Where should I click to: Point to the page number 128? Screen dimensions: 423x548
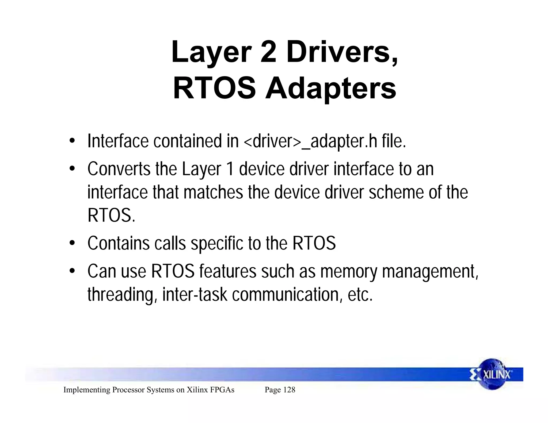click(289, 390)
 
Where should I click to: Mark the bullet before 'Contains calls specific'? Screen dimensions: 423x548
click(71, 243)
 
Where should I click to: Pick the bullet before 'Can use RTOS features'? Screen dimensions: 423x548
click(71, 271)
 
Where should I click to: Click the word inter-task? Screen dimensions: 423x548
click(195, 294)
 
